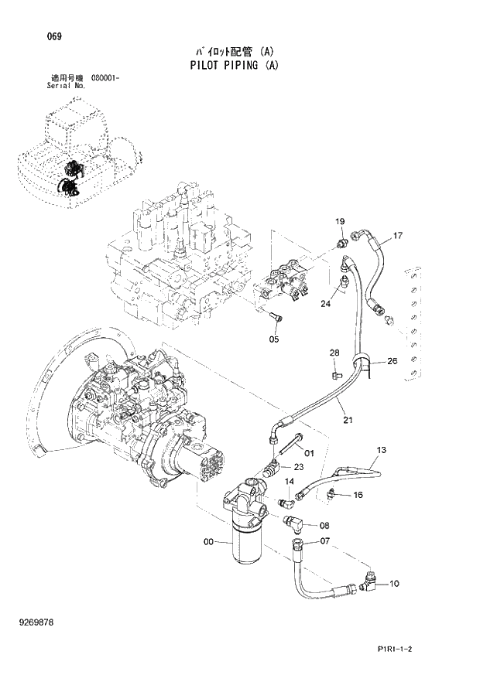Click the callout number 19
pos(339,223)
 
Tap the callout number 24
pos(325,303)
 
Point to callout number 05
pos(274,338)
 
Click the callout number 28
pos(334,353)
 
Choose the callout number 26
pos(392,360)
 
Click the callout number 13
pos(381,449)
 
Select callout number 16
pos(358,495)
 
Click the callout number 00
pos(208,542)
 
